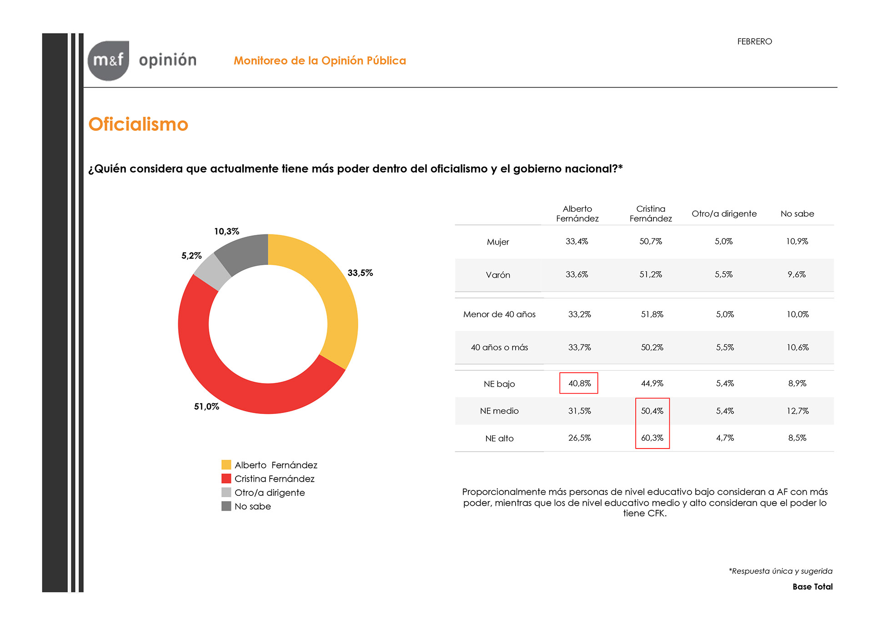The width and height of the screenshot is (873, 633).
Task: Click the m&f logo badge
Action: (x=108, y=60)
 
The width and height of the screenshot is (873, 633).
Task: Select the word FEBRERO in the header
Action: (x=754, y=42)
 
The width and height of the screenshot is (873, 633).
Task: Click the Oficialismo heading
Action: (x=138, y=124)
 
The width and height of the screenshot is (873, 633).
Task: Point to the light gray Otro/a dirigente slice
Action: (x=212, y=271)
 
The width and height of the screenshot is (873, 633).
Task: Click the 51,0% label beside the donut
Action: (x=206, y=406)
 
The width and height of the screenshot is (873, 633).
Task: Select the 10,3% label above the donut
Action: (x=226, y=231)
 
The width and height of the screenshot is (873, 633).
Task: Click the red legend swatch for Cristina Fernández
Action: (x=226, y=478)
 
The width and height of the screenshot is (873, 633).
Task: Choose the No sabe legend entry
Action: (x=246, y=506)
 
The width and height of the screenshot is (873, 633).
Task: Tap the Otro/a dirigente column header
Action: (x=724, y=214)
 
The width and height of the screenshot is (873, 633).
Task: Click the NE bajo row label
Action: (x=499, y=384)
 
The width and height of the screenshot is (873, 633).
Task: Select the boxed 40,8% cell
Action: (x=579, y=384)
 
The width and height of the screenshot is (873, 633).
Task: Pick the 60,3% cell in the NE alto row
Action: (x=652, y=438)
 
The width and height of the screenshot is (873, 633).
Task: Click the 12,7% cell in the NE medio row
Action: (x=798, y=411)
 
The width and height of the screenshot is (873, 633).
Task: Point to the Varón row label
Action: (x=498, y=275)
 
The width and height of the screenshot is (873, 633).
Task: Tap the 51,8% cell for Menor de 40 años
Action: (x=652, y=314)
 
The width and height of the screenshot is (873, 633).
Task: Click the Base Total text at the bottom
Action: (x=813, y=587)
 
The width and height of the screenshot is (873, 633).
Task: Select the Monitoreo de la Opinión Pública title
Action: (x=320, y=61)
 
